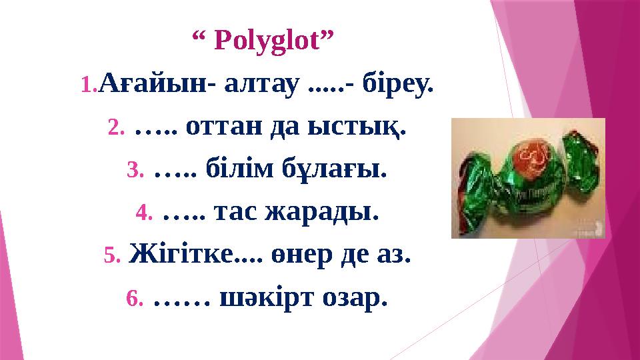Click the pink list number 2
pyautogui.click(x=116, y=127)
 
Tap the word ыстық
pyautogui.click(x=366, y=127)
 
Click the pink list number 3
pyautogui.click(x=135, y=170)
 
